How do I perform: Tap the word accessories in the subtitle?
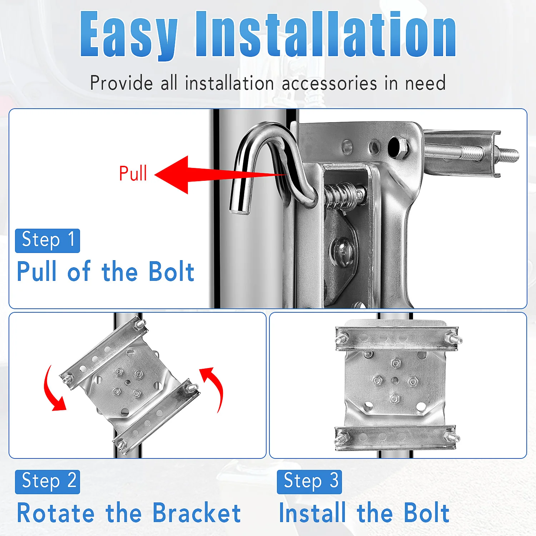click(x=329, y=83)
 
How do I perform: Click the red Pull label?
click(x=133, y=173)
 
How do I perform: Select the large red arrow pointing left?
click(x=220, y=175)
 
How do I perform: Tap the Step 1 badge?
click(x=48, y=240)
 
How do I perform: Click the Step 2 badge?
click(x=48, y=482)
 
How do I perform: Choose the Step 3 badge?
click(x=309, y=482)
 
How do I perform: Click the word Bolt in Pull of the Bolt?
click(x=171, y=272)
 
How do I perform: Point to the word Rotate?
click(x=56, y=513)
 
